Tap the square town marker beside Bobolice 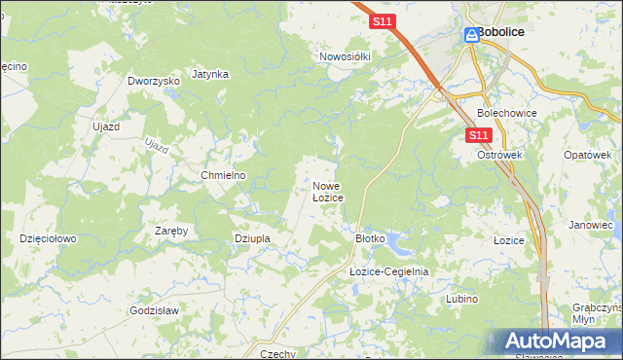point(468,32)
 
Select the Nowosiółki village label point(346,56)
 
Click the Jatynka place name point(210,74)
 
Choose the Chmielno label point(223,175)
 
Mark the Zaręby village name point(171,231)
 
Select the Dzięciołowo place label point(48,237)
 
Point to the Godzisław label point(153,310)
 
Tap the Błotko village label point(371,237)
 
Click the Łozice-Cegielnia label point(388,272)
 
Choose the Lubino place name point(461,299)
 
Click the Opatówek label point(587,155)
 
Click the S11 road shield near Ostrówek point(478,135)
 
